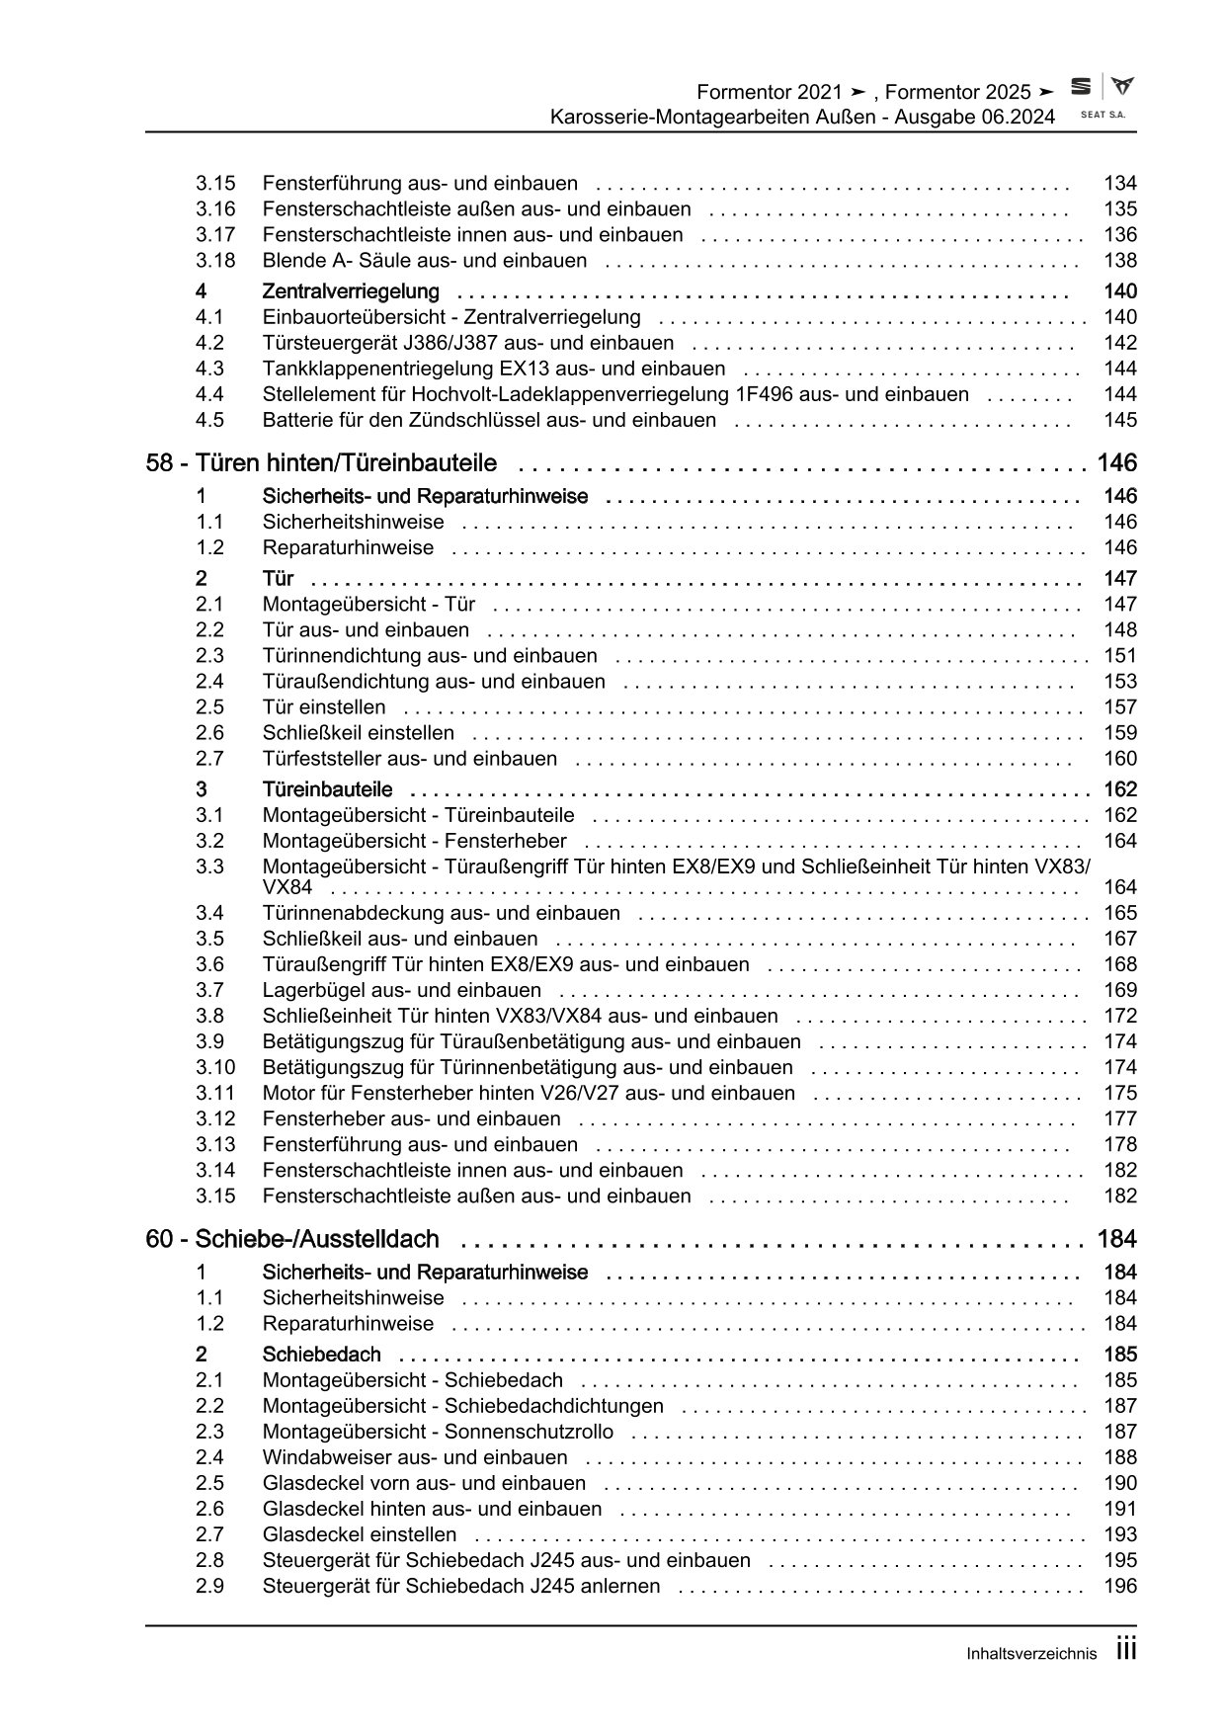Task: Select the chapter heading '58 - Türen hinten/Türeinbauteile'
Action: tap(321, 463)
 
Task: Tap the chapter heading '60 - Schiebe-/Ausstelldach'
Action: tap(292, 1239)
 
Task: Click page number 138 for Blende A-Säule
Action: tap(1120, 261)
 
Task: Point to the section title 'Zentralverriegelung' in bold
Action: tap(351, 291)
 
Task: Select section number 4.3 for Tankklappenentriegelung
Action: tap(209, 369)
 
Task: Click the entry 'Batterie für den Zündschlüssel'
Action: tap(489, 420)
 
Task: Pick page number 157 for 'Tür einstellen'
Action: tap(1120, 707)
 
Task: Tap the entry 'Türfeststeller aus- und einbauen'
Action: tap(410, 759)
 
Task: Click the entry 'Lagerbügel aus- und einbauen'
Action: tap(402, 990)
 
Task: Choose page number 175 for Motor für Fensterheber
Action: tap(1120, 1093)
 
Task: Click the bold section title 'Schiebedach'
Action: tap(321, 1355)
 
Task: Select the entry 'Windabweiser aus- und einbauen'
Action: tap(415, 1457)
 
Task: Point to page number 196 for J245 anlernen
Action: tap(1120, 1586)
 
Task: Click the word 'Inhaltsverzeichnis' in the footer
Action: tap(1031, 1654)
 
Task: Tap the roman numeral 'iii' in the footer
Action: tap(1126, 1650)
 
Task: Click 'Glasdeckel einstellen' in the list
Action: tap(360, 1534)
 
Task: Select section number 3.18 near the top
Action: tap(215, 261)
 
